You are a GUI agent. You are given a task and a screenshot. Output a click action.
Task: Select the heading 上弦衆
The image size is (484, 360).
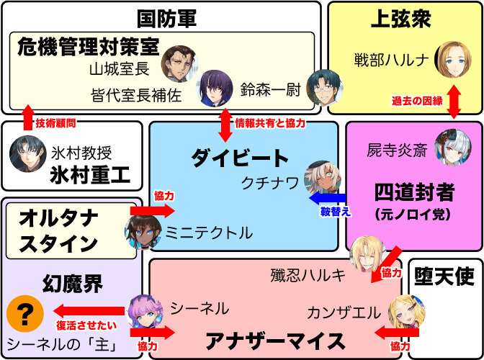tap(400, 18)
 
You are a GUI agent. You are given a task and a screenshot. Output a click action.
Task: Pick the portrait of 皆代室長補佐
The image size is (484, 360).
tap(213, 87)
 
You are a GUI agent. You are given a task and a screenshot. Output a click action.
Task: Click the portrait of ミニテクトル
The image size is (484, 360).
tap(142, 232)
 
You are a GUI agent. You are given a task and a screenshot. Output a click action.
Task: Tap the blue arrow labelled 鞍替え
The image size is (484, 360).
tap(328, 198)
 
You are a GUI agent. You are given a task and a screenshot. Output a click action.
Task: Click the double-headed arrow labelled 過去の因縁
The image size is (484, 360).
tap(454, 100)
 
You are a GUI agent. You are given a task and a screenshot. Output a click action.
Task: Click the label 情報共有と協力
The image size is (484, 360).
tap(270, 123)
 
